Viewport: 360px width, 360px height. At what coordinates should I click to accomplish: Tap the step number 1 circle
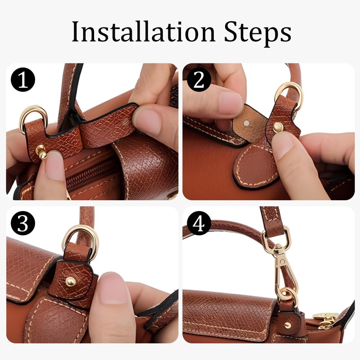tap(23, 81)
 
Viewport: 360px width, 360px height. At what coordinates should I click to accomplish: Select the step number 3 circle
tap(23, 224)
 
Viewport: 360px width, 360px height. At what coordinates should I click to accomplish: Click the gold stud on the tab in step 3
tap(71, 281)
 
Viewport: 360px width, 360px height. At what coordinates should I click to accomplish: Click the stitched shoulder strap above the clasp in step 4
tap(273, 220)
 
